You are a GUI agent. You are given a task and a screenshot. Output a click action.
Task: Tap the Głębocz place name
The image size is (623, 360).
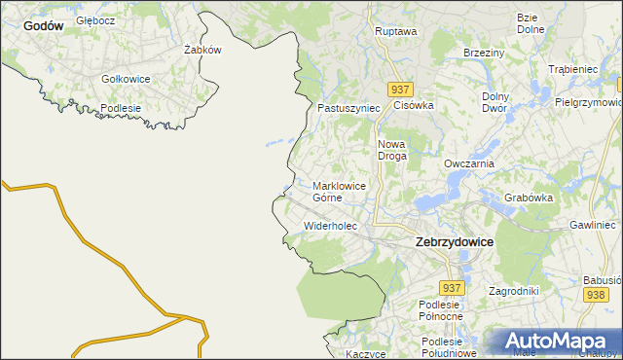tap(96, 19)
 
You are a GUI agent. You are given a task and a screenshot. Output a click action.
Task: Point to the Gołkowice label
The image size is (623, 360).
tap(126, 79)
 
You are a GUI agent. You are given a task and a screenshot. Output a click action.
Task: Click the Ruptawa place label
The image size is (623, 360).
tap(395, 31)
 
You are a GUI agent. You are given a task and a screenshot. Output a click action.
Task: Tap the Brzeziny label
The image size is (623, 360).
tap(483, 53)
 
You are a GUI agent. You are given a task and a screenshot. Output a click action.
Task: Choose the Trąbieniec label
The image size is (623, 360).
tap(572, 70)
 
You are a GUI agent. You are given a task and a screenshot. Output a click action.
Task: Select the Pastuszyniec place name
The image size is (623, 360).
tap(348, 108)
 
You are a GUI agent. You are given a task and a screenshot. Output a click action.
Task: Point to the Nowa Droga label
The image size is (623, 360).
tap(391, 149)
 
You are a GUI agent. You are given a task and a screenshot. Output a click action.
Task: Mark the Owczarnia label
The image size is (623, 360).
tap(469, 163)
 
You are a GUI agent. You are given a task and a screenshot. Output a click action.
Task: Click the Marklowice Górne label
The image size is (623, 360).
tap(340, 191)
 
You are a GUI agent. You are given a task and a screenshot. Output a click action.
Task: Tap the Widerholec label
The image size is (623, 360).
tap(331, 226)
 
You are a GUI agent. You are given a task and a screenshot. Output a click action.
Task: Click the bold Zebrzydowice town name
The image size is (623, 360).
tap(454, 241)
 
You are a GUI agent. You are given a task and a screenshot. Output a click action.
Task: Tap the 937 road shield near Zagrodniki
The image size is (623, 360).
tap(451, 288)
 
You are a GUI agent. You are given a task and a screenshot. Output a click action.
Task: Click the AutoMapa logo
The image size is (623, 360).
tap(556, 342)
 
